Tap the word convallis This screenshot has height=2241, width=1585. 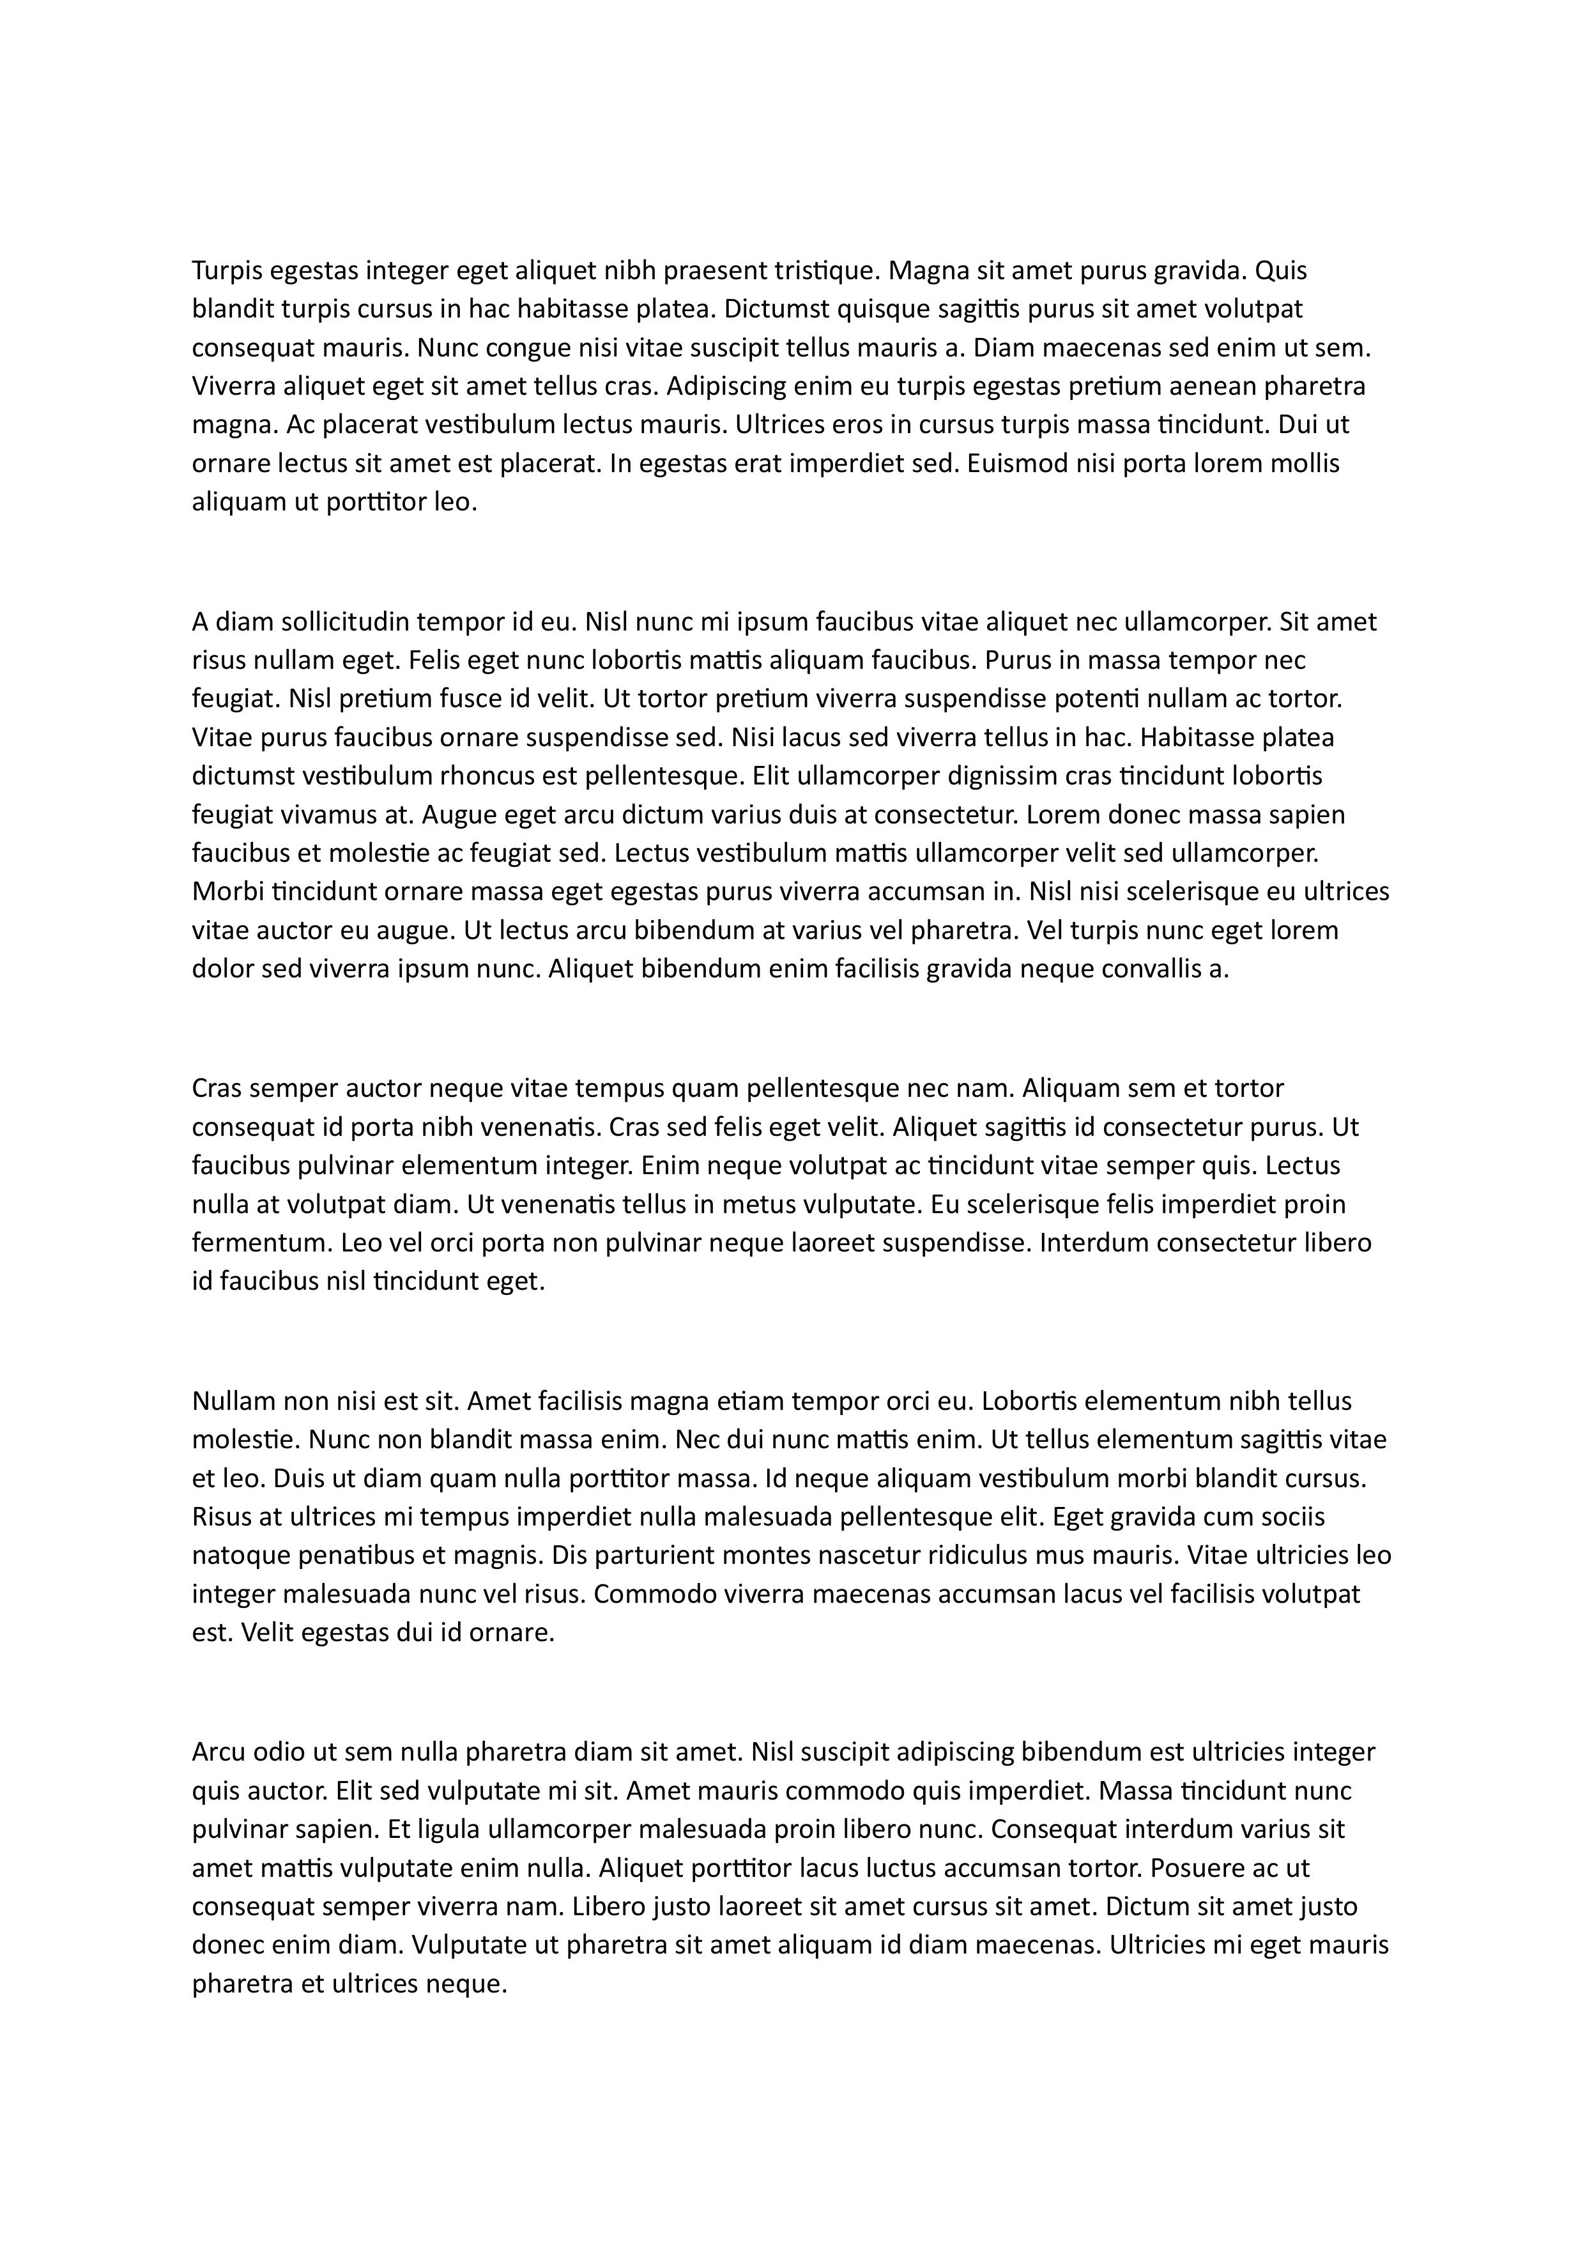click(x=1140, y=969)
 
